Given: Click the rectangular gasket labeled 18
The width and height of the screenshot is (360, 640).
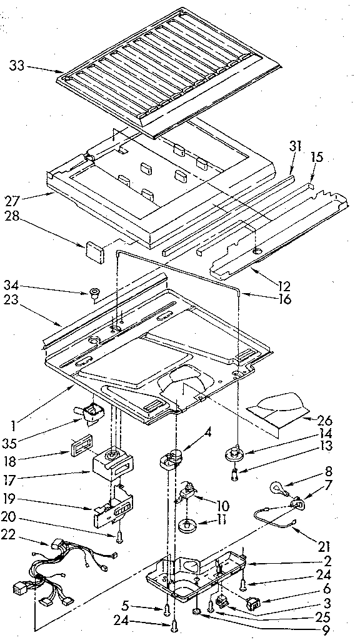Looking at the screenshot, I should pos(78,447).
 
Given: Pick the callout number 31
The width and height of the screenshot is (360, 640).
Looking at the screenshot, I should pos(295,147).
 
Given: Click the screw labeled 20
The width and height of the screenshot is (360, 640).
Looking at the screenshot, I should pos(118,535).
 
